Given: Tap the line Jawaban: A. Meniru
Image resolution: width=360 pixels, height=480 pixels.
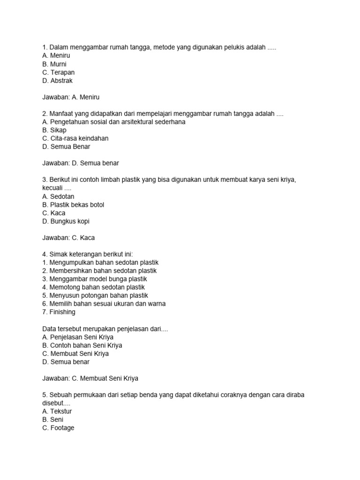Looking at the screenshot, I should pyautogui.click(x=71, y=97).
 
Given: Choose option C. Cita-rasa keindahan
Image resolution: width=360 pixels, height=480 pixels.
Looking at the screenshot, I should pyautogui.click(x=75, y=138).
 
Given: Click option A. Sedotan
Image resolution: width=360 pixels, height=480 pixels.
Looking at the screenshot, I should pyautogui.click(x=58, y=196).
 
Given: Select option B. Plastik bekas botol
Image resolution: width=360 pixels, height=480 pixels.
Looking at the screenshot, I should pyautogui.click(x=73, y=205).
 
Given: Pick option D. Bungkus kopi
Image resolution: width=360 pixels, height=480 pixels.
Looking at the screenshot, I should pyautogui.click(x=66, y=221).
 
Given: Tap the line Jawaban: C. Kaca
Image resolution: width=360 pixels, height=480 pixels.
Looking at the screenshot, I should pyautogui.click(x=68, y=238).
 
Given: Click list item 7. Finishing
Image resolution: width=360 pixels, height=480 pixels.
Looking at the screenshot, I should pyautogui.click(x=59, y=312).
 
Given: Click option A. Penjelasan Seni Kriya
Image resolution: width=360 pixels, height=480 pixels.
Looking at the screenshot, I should pyautogui.click(x=78, y=337).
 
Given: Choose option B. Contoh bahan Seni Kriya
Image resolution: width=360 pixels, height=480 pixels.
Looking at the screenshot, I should pyautogui.click(x=82, y=345).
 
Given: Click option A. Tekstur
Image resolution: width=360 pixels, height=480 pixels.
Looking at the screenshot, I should pyautogui.click(x=57, y=411).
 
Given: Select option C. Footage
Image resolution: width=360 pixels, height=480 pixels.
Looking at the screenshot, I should pyautogui.click(x=58, y=428).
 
